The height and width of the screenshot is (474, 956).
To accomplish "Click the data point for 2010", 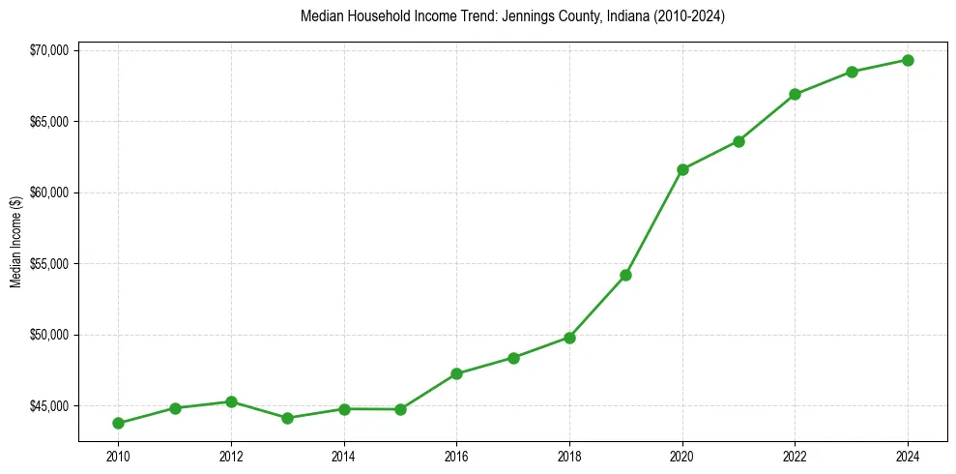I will (x=118, y=423).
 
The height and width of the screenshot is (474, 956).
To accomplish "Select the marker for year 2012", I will (x=231, y=401).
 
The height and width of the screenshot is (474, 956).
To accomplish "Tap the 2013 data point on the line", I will (x=287, y=418).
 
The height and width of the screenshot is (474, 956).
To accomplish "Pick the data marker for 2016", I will (x=456, y=373).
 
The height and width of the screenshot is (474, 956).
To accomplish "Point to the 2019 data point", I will (x=625, y=275).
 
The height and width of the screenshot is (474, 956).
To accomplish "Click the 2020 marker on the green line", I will (x=682, y=169).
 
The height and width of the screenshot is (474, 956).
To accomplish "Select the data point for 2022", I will (x=795, y=94).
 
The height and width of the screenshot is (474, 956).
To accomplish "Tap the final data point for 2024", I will (x=908, y=60).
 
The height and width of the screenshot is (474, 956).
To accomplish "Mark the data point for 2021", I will (x=739, y=141).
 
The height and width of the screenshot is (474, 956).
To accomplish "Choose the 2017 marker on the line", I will (x=513, y=358).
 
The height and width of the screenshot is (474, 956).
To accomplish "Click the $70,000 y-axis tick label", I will (x=48, y=50).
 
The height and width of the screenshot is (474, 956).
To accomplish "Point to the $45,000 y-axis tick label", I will (x=48, y=405).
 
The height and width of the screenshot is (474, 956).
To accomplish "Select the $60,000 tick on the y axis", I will (x=48, y=193).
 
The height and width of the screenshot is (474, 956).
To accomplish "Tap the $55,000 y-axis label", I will (x=48, y=263).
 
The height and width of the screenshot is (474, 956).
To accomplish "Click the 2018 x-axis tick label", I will (x=569, y=455).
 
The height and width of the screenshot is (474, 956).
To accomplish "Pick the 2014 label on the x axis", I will (x=343, y=455).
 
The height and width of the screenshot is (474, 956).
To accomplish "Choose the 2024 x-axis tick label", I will (x=908, y=455).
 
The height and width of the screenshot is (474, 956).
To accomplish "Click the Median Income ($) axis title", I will (x=15, y=242).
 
